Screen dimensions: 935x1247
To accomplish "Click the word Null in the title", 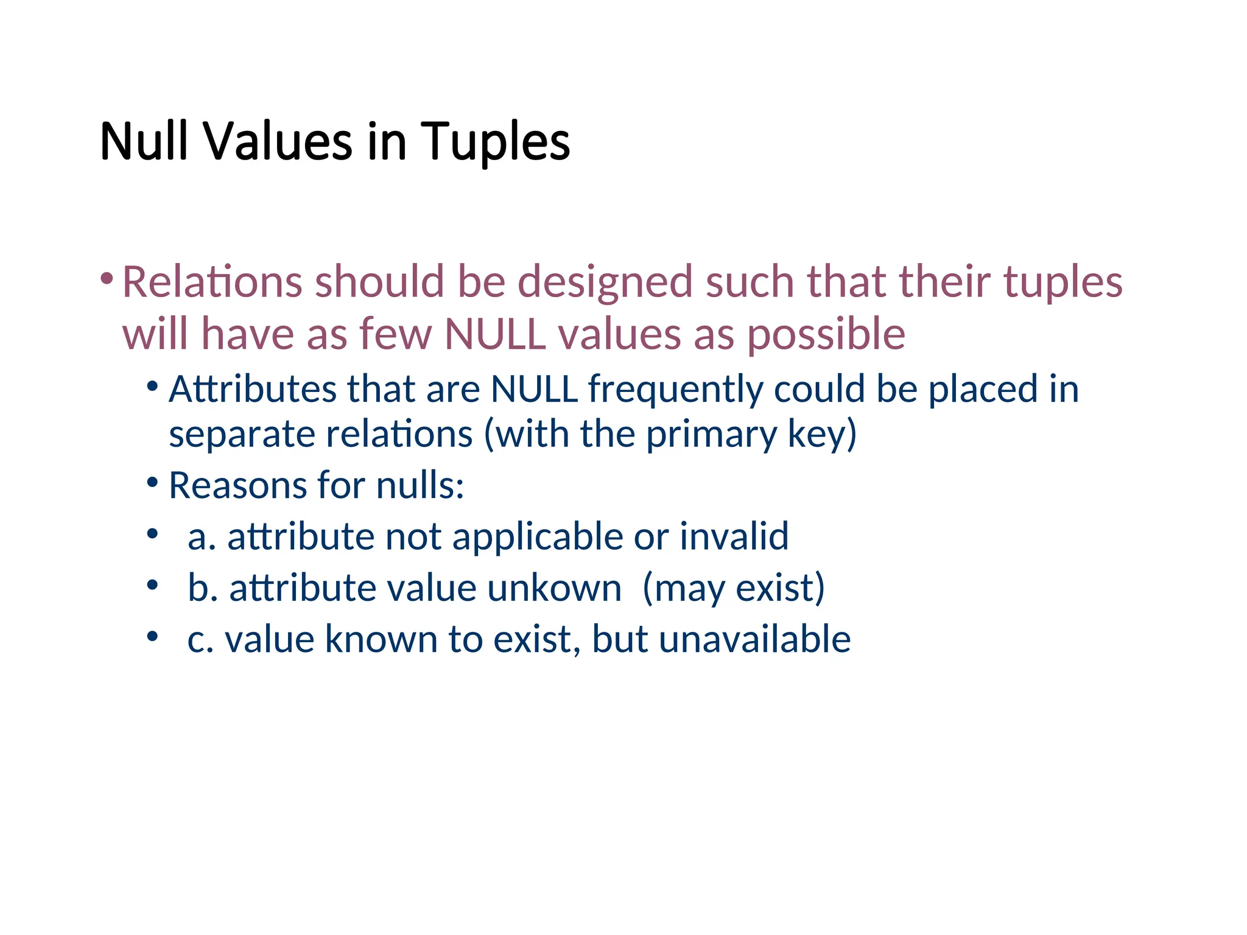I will [144, 142].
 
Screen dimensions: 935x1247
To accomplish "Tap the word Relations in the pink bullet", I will [212, 282].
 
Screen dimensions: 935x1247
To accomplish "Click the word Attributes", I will [253, 389].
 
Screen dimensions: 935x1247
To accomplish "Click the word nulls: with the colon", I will [420, 486].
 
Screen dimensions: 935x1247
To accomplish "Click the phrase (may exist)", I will [734, 589].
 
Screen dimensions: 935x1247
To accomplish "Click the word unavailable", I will [754, 639].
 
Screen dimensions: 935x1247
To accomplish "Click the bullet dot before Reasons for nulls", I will [153, 483].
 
